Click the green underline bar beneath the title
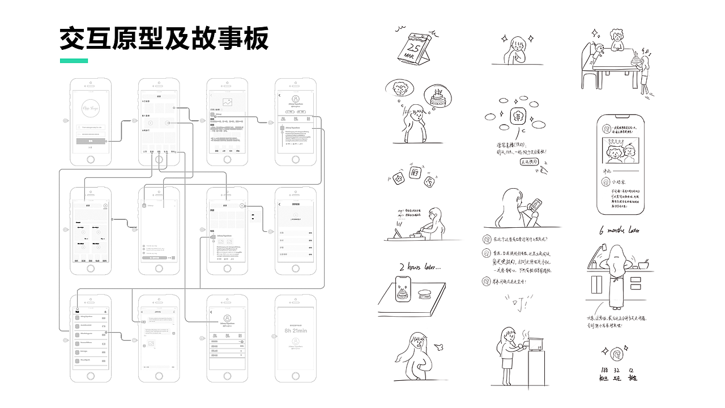[74, 61]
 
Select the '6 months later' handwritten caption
[619, 231]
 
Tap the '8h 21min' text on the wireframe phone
[295, 330]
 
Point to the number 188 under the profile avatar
[604, 369]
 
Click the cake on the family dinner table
[637, 57]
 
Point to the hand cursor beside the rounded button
[543, 168]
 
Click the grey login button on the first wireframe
[91, 141]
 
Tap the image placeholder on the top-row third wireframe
[228, 103]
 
